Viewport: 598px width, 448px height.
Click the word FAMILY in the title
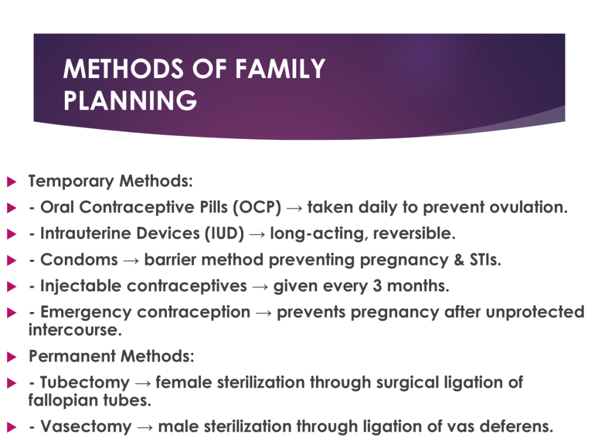click(x=280, y=69)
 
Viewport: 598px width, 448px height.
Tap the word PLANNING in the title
click(x=130, y=100)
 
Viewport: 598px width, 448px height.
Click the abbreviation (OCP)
click(x=257, y=207)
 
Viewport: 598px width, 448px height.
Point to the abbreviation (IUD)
click(x=224, y=233)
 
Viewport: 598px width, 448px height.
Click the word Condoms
click(x=79, y=260)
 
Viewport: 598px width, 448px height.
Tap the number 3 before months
click(x=377, y=286)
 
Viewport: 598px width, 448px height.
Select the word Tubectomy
click(x=85, y=383)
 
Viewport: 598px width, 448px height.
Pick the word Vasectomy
click(x=86, y=426)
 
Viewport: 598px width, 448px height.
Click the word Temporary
click(x=71, y=181)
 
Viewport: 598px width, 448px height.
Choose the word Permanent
click(x=72, y=356)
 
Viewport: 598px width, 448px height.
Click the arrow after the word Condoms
click(x=131, y=261)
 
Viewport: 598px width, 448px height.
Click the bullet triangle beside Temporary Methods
click(x=12, y=182)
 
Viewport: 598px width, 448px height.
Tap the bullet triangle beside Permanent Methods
click(x=12, y=357)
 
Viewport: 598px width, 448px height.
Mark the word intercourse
click(x=75, y=330)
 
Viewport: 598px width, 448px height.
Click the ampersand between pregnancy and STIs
click(x=459, y=260)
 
